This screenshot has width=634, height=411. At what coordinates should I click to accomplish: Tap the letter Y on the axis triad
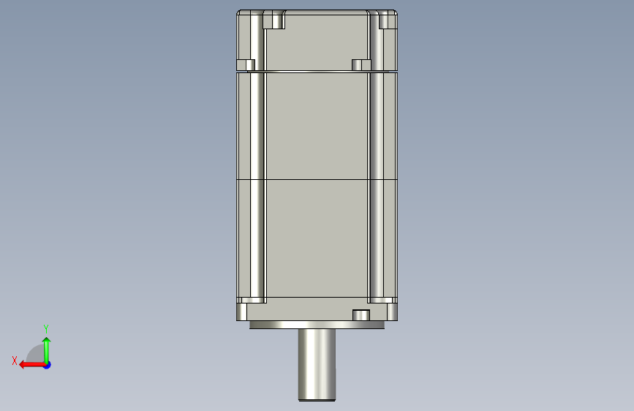coord(46,329)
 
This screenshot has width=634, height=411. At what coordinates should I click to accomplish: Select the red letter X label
coord(15,361)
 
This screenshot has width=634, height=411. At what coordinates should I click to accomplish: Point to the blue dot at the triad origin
coord(48,365)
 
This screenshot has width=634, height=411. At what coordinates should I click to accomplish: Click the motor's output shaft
coord(317,364)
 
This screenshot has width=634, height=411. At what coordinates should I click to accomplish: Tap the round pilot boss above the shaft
coord(317,325)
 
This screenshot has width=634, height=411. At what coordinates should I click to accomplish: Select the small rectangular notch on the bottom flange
coord(361,315)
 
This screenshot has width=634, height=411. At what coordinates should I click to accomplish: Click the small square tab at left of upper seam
coord(246,65)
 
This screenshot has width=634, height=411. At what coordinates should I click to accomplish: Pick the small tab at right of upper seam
coord(361,65)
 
